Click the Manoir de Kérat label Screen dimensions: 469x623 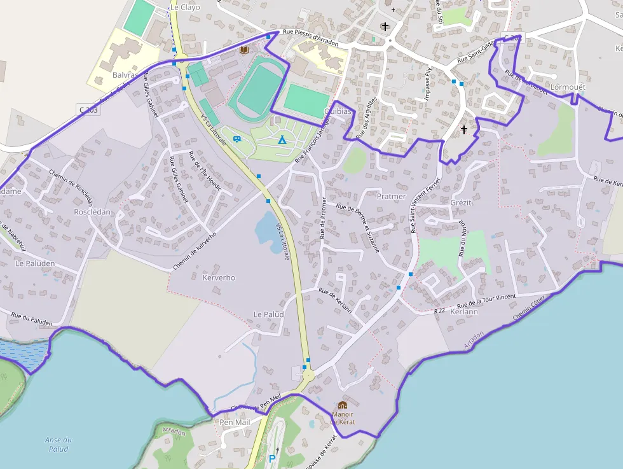point(343,417)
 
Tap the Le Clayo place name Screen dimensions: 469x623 point(185,8)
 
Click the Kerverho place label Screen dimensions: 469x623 point(219,277)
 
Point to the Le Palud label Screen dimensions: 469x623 point(268,314)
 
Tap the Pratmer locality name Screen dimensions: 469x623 point(391,197)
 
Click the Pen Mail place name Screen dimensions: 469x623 point(235,423)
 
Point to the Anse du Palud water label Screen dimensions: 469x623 point(58,444)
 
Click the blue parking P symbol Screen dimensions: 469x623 point(273,458)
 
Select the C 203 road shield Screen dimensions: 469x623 point(89,110)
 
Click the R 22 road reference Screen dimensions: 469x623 point(440,311)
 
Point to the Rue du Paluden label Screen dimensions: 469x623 point(32,316)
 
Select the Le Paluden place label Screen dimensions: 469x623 point(36,263)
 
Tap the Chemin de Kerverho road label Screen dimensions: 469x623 point(195,250)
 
